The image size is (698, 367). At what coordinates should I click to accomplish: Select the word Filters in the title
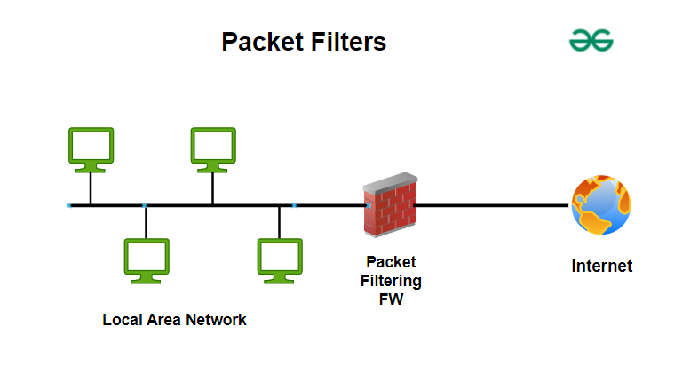pyautogui.click(x=350, y=42)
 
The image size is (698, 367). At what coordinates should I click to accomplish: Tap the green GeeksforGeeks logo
pyautogui.click(x=591, y=40)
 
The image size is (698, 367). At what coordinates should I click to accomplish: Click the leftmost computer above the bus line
pyautogui.click(x=91, y=148)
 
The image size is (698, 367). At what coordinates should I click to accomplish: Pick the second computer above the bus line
pyautogui.click(x=213, y=148)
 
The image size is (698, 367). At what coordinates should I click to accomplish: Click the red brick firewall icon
pyautogui.click(x=390, y=208)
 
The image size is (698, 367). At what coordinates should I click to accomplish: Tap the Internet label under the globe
pyautogui.click(x=601, y=266)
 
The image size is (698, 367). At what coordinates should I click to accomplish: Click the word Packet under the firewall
pyautogui.click(x=391, y=263)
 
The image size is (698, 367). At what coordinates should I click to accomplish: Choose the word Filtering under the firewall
pyautogui.click(x=391, y=281)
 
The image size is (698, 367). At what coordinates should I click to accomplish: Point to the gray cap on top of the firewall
pyautogui.click(x=390, y=181)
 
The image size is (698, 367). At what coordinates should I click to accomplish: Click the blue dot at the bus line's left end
pyautogui.click(x=69, y=205)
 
